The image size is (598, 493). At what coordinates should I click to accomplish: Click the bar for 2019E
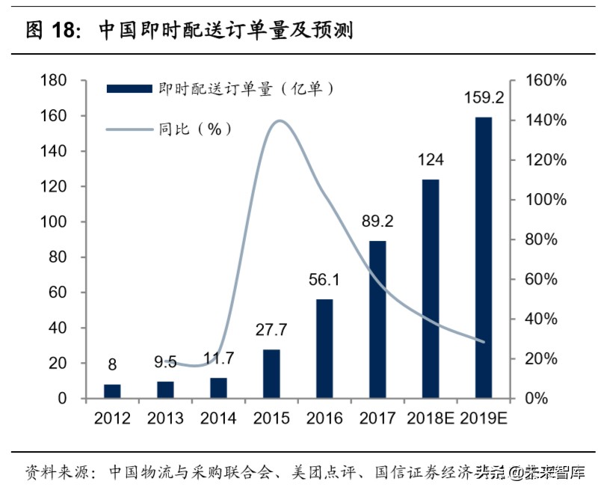484,257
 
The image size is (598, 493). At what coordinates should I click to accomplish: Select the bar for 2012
111,391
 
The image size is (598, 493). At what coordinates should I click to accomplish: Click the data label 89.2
377,221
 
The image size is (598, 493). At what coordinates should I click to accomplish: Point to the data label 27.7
271,330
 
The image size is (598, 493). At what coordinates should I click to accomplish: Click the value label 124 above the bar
431,160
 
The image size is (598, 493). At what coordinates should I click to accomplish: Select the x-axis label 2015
271,418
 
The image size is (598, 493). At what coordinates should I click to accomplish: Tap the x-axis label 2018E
431,418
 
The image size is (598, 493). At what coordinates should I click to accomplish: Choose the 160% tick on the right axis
545,81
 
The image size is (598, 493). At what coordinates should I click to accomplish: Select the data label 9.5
164,364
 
